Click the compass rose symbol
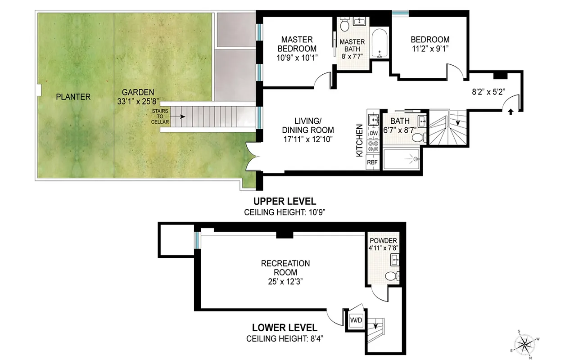coord(526,344)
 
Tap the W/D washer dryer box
coord(356,320)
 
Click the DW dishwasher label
coord(373,134)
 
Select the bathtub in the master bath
coord(380,44)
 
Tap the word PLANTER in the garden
coord(73,97)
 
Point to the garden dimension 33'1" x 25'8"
coord(138,101)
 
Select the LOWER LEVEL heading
coord(284,328)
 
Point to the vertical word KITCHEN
coord(359,140)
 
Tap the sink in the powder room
coord(395,259)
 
